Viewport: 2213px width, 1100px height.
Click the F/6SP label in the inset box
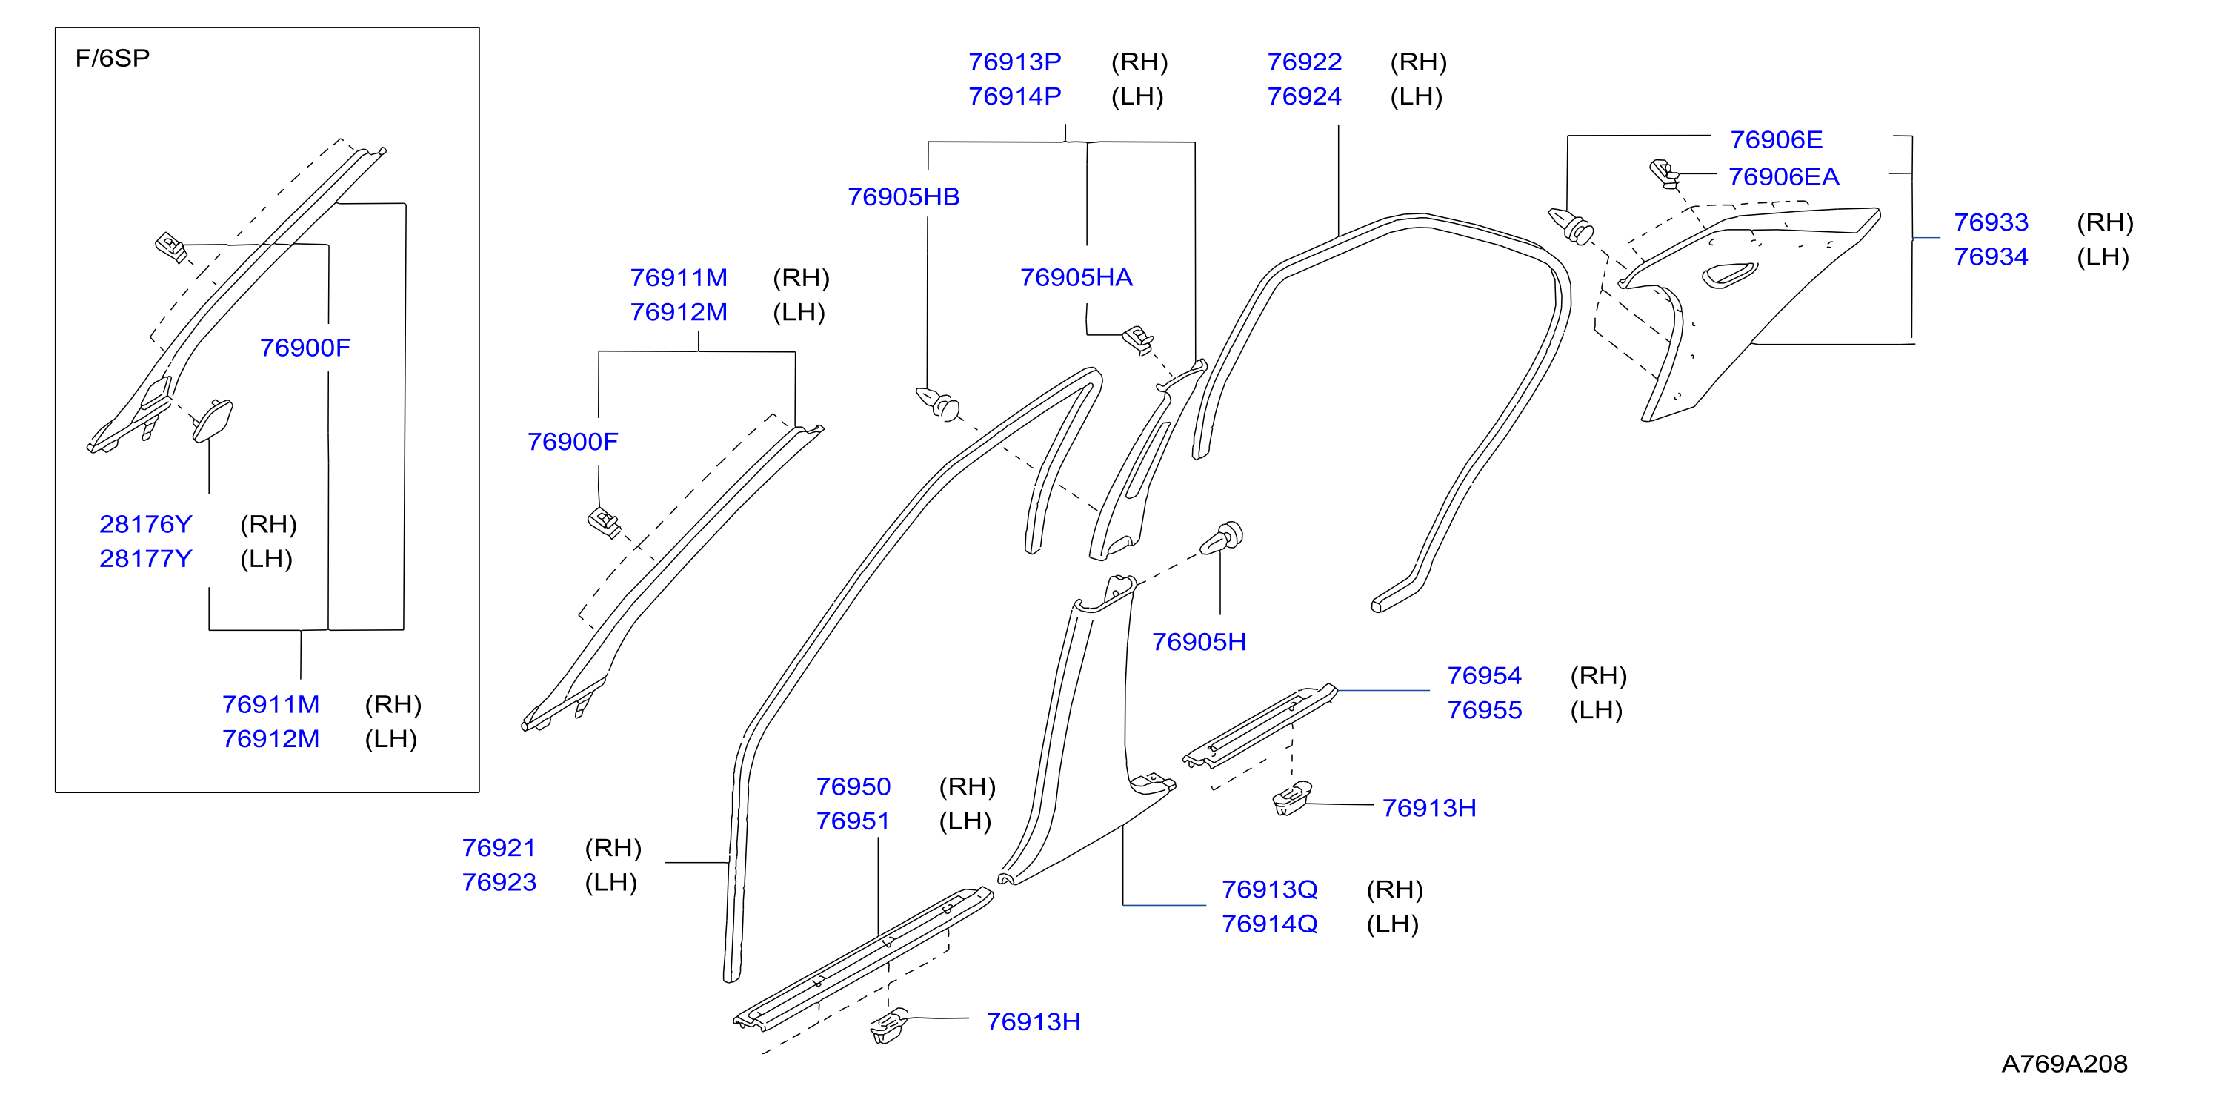(x=113, y=58)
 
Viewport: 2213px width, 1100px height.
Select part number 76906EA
(x=1783, y=176)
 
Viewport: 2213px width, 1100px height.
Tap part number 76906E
(x=1776, y=139)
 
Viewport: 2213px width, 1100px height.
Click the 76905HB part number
(x=904, y=196)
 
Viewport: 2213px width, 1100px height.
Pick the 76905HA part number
(x=1076, y=277)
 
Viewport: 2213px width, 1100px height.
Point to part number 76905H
(x=1199, y=642)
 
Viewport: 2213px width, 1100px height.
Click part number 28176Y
(x=146, y=524)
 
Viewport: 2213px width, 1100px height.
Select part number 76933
(x=1991, y=222)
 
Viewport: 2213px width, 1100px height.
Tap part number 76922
(x=1304, y=62)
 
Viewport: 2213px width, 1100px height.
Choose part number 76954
(x=1484, y=675)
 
